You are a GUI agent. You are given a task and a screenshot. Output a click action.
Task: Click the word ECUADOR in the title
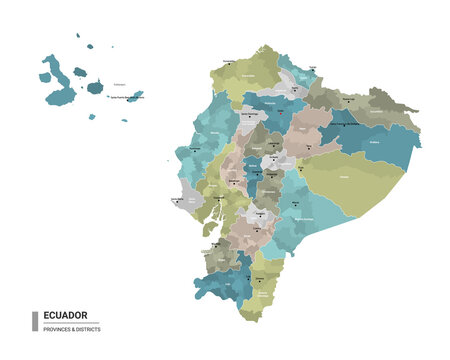pos(66,315)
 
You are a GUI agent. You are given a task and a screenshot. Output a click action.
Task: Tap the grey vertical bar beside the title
pos(35,321)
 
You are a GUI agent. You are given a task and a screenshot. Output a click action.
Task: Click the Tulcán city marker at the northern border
pos(311,71)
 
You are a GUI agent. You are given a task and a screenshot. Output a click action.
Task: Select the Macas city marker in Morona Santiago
pos(297,212)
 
